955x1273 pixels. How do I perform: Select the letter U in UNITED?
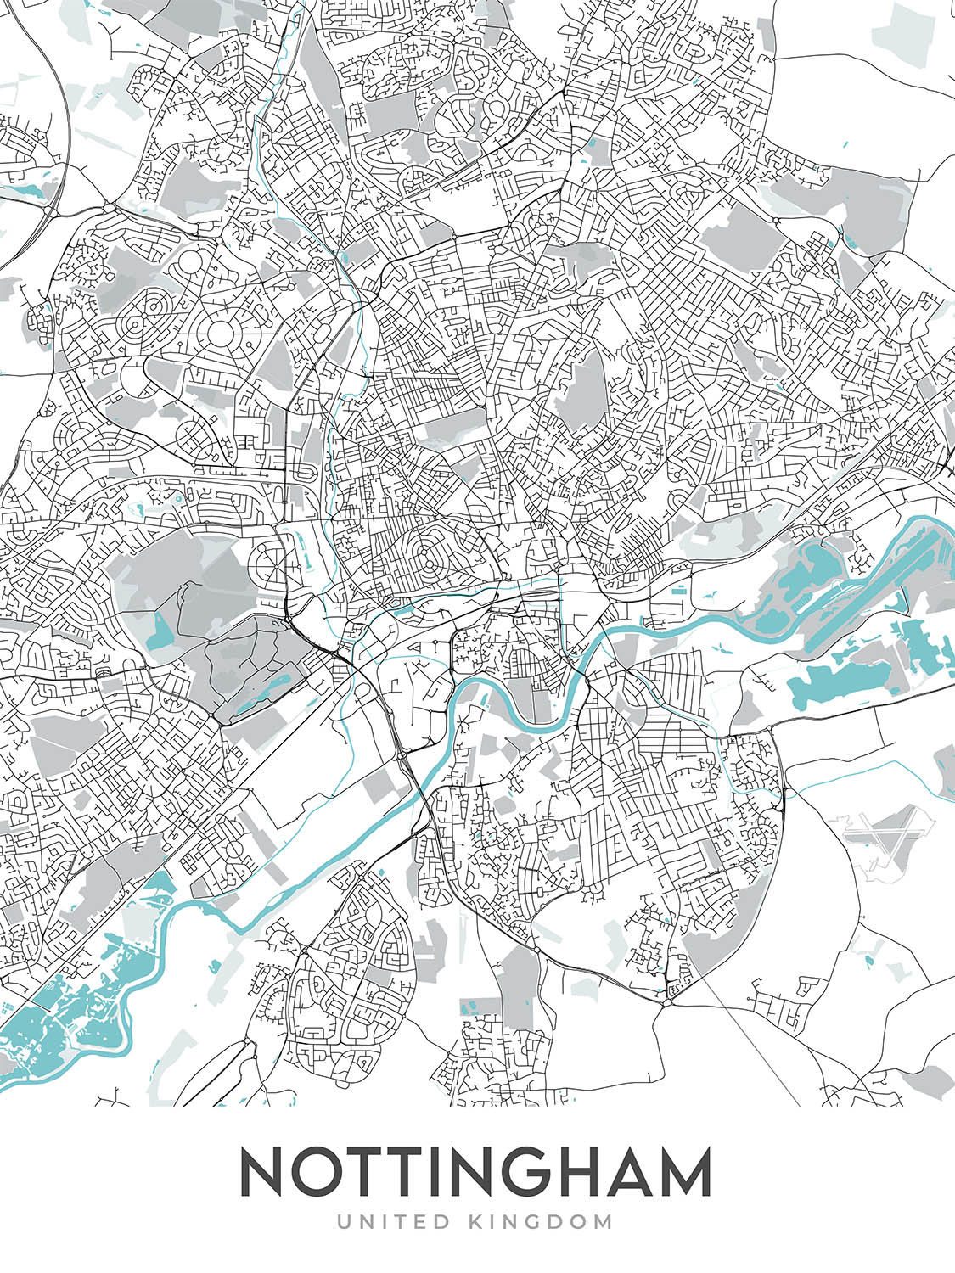[x=344, y=1222]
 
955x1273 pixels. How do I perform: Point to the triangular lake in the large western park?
[x=160, y=627]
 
